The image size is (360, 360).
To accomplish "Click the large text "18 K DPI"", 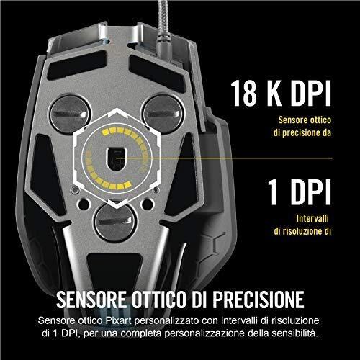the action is (x=281, y=94).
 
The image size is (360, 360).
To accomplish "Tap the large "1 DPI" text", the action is (x=300, y=192).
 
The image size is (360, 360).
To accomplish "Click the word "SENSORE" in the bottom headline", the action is (x=91, y=300).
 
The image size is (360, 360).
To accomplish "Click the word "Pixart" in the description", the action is (x=119, y=320).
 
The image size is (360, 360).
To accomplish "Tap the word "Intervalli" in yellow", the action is (x=312, y=218).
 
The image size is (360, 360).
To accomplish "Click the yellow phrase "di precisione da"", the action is (x=302, y=132).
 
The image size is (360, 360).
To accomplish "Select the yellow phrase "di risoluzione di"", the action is (x=302, y=231).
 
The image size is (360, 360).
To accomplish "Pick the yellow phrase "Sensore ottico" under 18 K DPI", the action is (x=305, y=120).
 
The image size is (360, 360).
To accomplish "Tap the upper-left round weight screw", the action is (x=70, y=114).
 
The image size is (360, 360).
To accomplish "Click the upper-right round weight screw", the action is (x=163, y=114).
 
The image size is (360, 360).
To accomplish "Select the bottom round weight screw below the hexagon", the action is (x=116, y=222).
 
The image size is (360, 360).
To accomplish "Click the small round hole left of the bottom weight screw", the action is (x=84, y=204).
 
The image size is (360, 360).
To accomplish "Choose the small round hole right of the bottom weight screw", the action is (x=148, y=204).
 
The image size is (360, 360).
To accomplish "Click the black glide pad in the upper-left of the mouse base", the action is (x=77, y=65).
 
